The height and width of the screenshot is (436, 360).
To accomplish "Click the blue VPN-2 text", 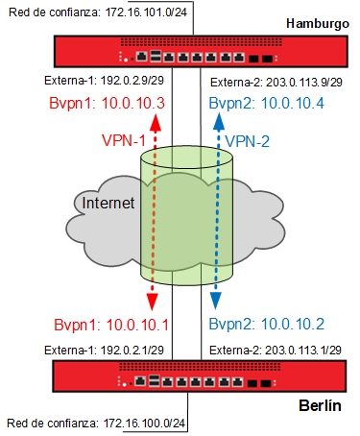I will pyautogui.click(x=251, y=141).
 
